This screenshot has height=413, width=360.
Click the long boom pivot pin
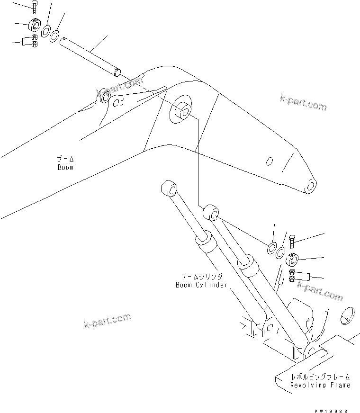click(x=90, y=54)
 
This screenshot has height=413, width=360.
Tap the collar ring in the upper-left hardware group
click(x=35, y=24)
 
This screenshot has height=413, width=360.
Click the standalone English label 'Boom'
click(x=65, y=167)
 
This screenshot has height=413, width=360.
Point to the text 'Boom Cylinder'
click(x=201, y=285)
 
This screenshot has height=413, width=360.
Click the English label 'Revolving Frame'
click(x=320, y=385)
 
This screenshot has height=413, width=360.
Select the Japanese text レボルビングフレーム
click(x=321, y=377)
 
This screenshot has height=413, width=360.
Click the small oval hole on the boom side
click(x=269, y=162)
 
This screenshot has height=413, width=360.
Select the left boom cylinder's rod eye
click(x=169, y=189)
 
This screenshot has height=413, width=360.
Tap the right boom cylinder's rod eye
click(x=211, y=214)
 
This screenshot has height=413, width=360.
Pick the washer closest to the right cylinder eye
click(x=273, y=247)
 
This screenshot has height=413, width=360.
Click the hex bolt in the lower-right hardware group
click(x=292, y=242)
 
